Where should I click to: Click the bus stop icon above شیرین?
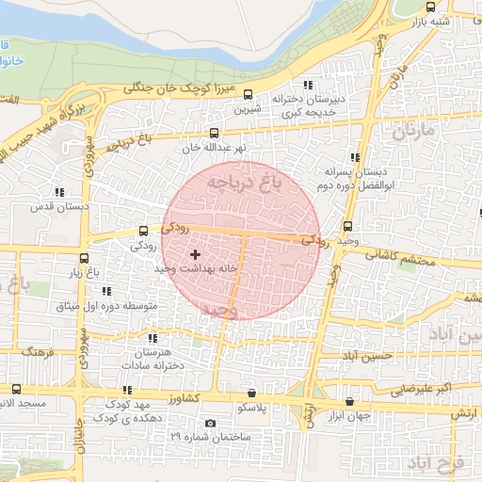[248, 94]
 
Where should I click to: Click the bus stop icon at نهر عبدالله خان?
[215, 133]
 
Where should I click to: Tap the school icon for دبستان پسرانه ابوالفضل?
[355, 157]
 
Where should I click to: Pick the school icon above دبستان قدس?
[59, 191]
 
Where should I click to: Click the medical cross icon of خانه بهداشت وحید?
[195, 255]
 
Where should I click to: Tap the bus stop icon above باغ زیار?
[85, 259]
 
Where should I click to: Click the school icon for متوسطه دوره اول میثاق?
[105, 291]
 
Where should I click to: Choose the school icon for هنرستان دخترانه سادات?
[153, 337]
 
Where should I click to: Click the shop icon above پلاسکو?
[251, 393]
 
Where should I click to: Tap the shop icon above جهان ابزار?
[349, 401]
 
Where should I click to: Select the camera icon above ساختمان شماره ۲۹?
[209, 423]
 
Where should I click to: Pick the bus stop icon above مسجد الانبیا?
[17, 389]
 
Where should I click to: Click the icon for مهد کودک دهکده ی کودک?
[126, 390]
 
